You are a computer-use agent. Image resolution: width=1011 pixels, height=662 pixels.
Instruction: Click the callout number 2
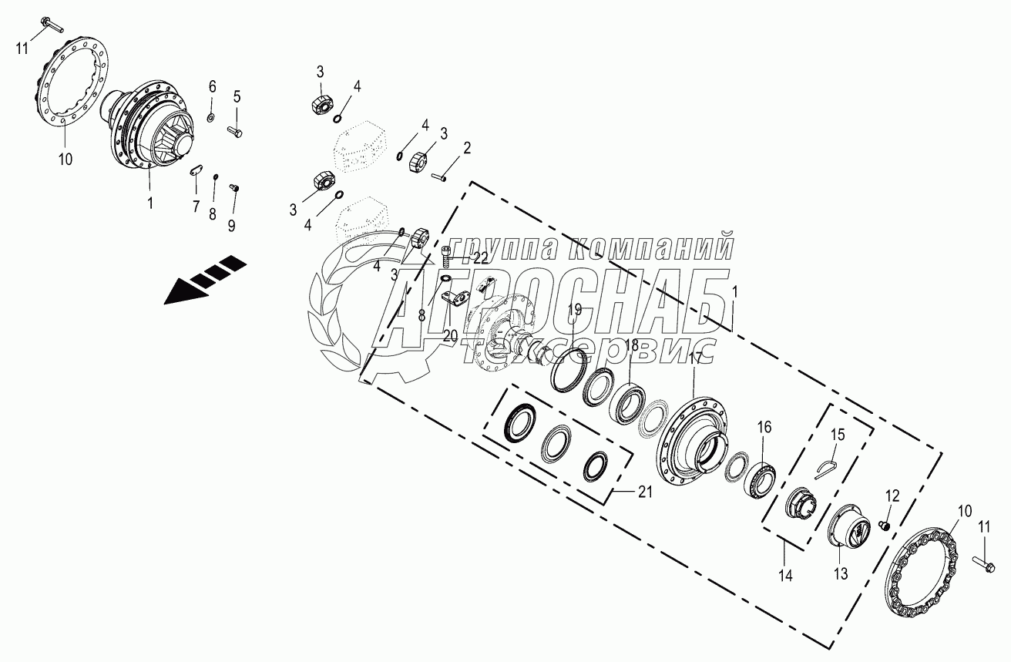coord(467,147)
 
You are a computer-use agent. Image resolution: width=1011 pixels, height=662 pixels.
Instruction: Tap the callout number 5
coord(237,96)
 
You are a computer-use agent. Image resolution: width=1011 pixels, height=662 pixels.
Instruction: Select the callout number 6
coord(212,86)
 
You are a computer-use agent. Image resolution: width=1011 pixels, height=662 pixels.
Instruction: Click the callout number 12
coord(892,495)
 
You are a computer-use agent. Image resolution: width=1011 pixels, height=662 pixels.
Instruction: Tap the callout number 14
coord(784,574)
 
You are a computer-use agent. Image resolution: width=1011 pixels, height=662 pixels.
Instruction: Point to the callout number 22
coord(480,257)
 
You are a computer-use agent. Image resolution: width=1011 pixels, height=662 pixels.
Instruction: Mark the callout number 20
coord(450,336)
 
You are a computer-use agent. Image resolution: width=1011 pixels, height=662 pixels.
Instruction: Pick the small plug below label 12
coord(885,525)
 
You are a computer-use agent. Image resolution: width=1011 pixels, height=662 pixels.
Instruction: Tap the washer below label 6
coord(211,118)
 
